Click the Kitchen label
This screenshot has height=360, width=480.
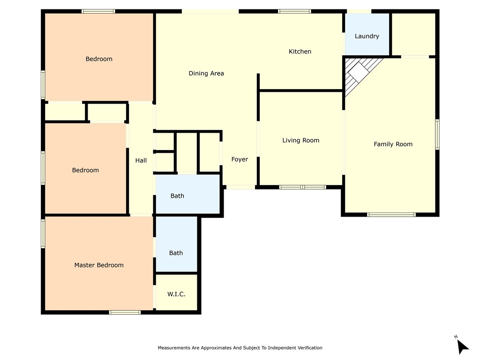300,52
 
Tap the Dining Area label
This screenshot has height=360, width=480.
206,74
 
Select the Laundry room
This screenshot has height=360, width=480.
367,34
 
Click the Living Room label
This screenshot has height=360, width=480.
300,141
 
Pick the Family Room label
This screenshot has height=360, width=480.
393,144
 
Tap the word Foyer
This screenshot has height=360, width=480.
240,159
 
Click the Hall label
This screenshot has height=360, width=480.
141,160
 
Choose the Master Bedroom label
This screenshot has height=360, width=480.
99,265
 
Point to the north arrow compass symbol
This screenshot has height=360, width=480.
462,345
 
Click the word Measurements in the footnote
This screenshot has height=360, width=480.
174,348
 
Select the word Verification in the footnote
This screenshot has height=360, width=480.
310,348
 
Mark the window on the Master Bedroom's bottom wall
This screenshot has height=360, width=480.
125,312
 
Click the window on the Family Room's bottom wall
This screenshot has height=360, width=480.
391,215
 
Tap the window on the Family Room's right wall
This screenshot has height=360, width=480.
437,135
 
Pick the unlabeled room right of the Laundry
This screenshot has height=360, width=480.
413,34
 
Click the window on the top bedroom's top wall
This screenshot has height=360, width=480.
98,11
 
